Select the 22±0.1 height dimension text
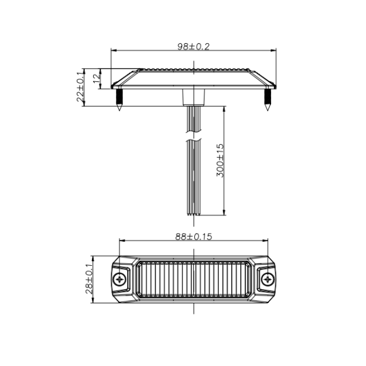80,87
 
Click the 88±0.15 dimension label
193,237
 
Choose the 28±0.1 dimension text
90,279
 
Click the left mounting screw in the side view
119,99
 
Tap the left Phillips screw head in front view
121,279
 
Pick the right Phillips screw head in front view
267,279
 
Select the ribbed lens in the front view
193,280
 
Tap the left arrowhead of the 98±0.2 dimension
114,51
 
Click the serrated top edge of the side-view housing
193,71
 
